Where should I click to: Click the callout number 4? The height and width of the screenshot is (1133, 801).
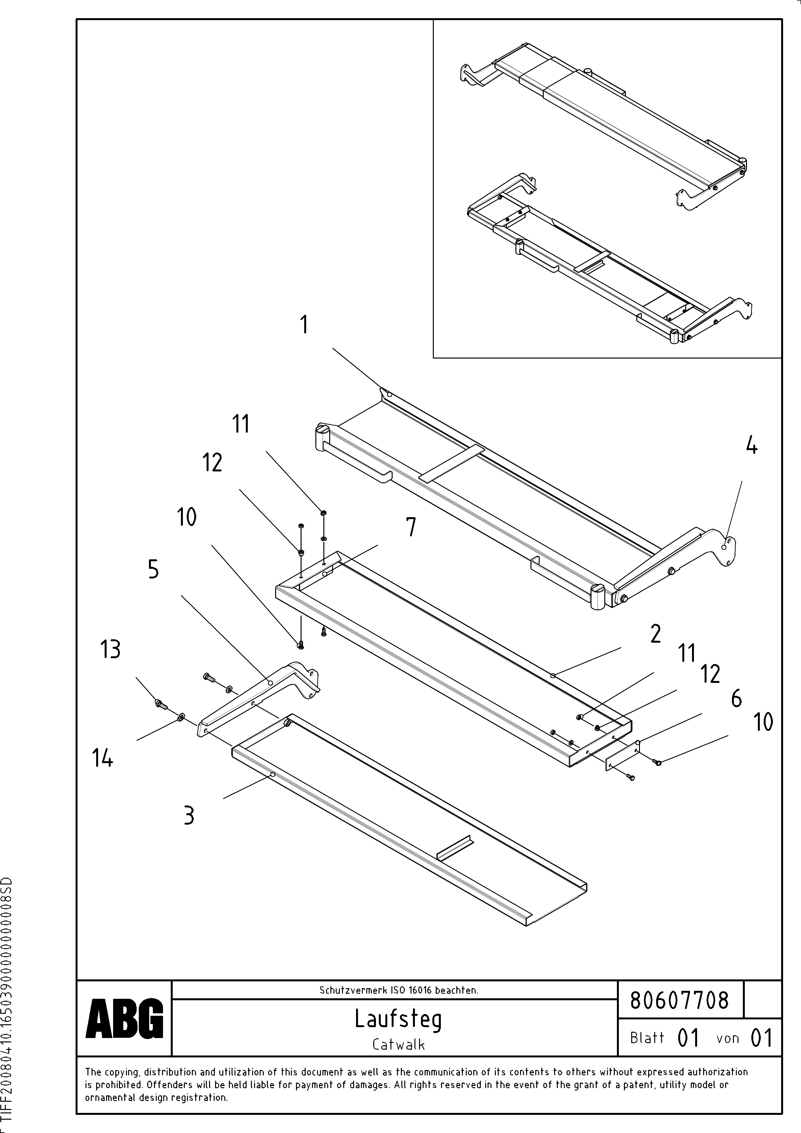pos(751,446)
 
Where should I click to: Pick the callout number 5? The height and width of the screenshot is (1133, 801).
pos(154,570)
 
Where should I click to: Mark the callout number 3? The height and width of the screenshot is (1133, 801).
pos(189,815)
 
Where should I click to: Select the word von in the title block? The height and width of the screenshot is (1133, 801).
pos(727,1038)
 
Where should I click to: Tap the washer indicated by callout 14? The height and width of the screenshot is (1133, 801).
pos(181,716)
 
